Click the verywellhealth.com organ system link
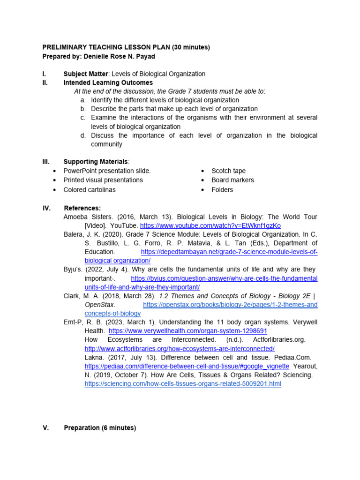point(188,330)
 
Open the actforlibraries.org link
point(180,349)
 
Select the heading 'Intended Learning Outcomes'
point(108,82)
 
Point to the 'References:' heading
point(82,208)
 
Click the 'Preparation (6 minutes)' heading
point(100,428)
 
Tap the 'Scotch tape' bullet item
point(228,171)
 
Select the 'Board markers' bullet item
point(232,180)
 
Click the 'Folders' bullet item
point(222,190)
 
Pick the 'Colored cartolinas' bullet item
point(90,190)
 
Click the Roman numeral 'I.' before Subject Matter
point(44,74)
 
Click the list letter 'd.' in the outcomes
point(83,135)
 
